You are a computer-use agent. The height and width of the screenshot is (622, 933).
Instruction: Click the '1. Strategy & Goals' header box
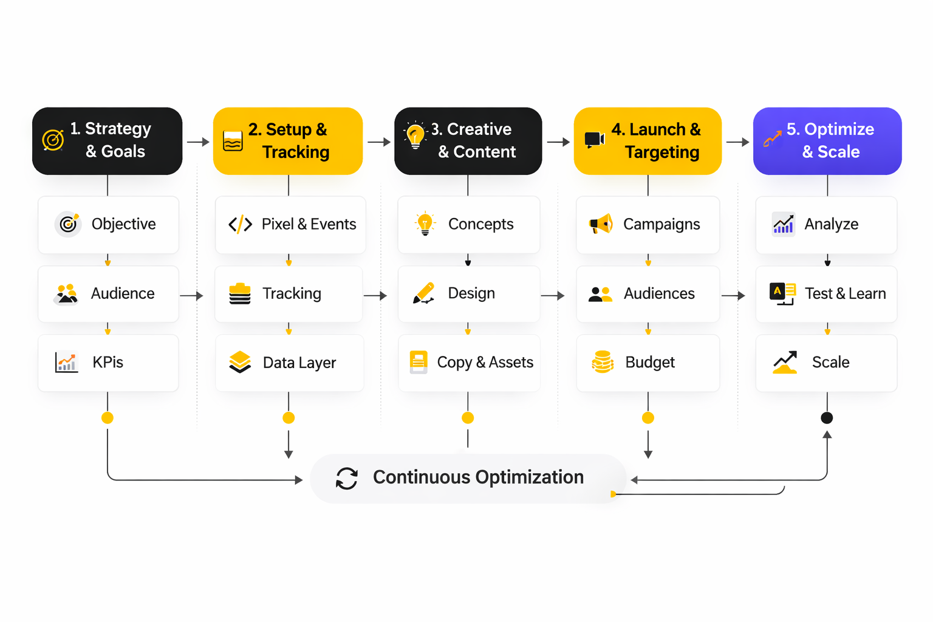pos(107,141)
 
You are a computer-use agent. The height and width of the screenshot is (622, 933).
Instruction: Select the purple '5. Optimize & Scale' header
pos(827,141)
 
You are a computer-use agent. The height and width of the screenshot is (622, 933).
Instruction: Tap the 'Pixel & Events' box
pos(290,225)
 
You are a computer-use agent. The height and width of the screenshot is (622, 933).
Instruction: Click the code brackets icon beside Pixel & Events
pos(240,224)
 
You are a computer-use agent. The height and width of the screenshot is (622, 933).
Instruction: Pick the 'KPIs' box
pos(108,363)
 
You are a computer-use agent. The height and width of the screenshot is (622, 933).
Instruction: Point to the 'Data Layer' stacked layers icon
pos(240,362)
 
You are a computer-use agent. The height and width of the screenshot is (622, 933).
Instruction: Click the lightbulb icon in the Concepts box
pos(425,224)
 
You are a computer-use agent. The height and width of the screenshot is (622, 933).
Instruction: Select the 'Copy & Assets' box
pos(468,363)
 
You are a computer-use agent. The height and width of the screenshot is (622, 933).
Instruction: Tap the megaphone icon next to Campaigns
pos(601,224)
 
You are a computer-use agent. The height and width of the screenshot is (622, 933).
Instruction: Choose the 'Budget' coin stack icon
pos(602,362)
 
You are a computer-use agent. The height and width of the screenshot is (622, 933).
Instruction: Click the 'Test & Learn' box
pos(826,294)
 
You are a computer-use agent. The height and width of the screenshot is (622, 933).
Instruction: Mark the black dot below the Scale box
pos(827,418)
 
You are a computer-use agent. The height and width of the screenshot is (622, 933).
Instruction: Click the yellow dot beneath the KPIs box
pos(108,418)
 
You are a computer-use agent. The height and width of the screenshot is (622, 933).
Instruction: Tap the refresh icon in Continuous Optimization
pos(347,478)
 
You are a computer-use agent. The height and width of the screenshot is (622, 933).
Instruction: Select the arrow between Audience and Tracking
pos(191,296)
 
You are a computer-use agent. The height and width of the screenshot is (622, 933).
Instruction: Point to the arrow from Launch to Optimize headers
pos(737,142)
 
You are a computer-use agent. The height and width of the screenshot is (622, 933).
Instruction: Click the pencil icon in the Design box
pos(423,293)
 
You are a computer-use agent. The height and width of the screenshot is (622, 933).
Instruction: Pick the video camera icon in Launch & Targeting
pos(594,140)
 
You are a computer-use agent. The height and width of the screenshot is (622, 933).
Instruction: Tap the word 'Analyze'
pos(831,225)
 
